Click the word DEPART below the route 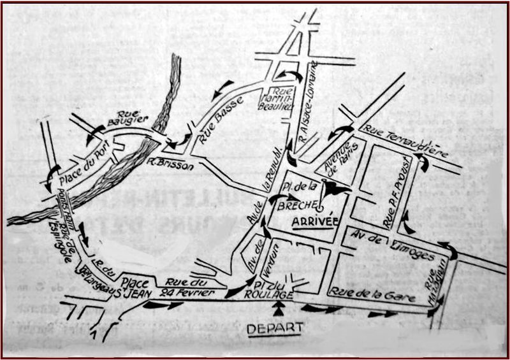(x=275, y=329)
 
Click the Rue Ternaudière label (x=405, y=142)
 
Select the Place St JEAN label (x=136, y=288)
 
